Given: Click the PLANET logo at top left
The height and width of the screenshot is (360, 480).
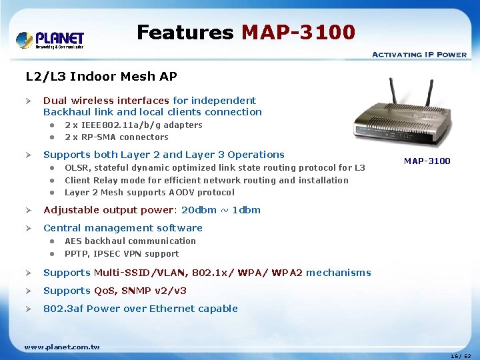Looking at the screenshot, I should pyautogui.click(x=50, y=39).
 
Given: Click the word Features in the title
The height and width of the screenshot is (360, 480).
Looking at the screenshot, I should pyautogui.click(x=185, y=32).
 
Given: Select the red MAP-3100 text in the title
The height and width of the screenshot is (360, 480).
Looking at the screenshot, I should pyautogui.click(x=298, y=32).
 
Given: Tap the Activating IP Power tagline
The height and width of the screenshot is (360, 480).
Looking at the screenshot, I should pyautogui.click(x=419, y=55).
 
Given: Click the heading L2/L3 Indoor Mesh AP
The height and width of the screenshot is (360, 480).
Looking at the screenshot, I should pyautogui.click(x=101, y=77).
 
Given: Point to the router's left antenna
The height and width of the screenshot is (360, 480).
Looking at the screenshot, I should pyautogui.click(x=395, y=96).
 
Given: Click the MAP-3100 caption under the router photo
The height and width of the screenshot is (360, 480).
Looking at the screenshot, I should pyautogui.click(x=427, y=161).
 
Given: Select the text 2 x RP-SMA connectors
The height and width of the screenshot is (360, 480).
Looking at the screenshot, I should pyautogui.click(x=116, y=137).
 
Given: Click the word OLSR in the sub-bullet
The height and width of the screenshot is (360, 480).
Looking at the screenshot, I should pyautogui.click(x=76, y=168).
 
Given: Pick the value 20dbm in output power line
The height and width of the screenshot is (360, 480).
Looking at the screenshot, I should pyautogui.click(x=199, y=210).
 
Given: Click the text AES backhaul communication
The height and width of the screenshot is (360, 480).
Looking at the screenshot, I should pyautogui.click(x=130, y=241).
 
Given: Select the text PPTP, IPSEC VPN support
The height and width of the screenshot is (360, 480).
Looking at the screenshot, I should pyautogui.click(x=121, y=254).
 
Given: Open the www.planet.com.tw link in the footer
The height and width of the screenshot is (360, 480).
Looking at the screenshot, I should pyautogui.click(x=61, y=347).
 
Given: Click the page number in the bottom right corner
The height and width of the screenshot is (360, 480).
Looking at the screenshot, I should pyautogui.click(x=460, y=356).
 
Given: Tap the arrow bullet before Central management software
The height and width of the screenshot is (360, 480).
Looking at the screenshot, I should pyautogui.click(x=29, y=228).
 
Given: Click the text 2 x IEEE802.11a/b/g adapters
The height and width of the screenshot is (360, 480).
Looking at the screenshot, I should pyautogui.click(x=133, y=125).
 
